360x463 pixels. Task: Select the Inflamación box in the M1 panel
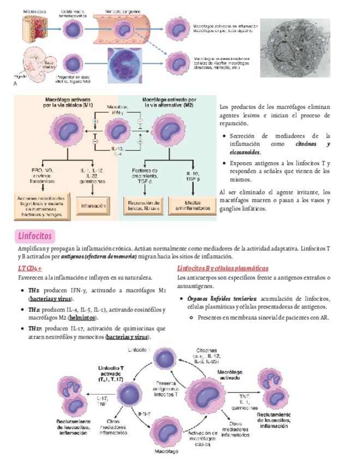[x=93, y=206]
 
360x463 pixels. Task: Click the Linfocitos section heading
[x=34, y=236]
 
